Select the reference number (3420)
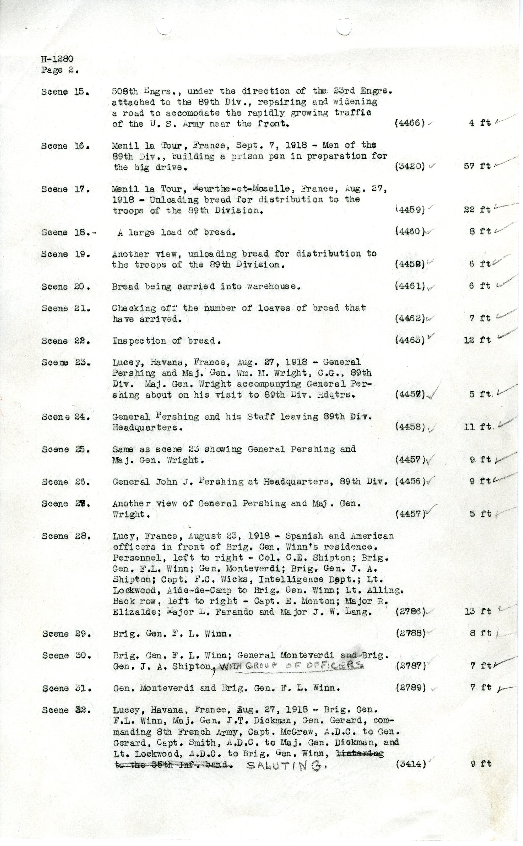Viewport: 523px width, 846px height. [410, 166]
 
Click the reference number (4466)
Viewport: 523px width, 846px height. [410, 123]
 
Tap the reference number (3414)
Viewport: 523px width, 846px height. [411, 764]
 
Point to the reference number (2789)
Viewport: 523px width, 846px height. [411, 687]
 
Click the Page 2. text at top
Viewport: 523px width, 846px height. [60, 70]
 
